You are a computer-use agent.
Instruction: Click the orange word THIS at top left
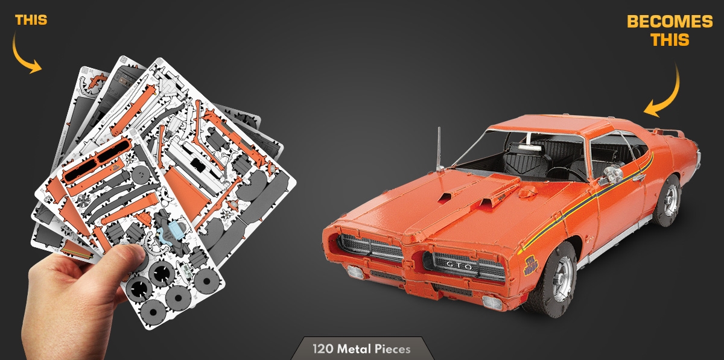coord(31,20)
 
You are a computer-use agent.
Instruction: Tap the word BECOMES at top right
coord(670,22)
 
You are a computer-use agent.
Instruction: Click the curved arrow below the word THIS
coord(24,55)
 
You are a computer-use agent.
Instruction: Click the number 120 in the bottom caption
coord(323,349)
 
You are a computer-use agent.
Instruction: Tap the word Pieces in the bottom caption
coord(393,349)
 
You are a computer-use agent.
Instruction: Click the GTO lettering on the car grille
coord(459,266)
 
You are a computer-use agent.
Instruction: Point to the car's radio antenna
coord(440,150)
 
